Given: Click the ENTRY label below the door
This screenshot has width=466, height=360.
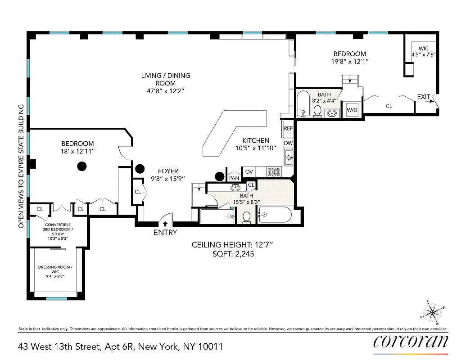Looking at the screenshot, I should tap(165, 233).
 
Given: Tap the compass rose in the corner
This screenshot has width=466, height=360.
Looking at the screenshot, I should tap(432, 312).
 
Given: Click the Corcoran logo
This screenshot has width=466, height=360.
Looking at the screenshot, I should tap(411, 341).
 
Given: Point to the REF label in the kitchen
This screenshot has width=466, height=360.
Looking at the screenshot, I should tap(288, 128).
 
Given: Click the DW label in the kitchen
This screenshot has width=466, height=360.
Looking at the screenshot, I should tap(288, 143).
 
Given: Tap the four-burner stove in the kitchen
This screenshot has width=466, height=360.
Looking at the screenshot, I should tap(274, 171).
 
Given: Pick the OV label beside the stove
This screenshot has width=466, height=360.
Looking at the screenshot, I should tap(249, 171).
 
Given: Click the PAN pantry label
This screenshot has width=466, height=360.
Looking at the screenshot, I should tap(234, 178).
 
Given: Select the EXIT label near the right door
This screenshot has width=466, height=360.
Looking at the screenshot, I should tap(423, 97).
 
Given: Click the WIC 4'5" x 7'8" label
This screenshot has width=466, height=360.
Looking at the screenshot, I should tap(423, 51).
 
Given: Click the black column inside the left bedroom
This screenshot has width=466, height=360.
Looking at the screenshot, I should tap(81, 166).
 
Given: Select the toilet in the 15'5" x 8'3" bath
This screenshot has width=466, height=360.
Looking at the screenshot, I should tap(247, 217).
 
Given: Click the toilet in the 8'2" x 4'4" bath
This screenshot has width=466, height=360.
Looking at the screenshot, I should tap(317, 111).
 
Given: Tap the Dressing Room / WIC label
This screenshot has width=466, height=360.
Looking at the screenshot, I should tap(55, 270).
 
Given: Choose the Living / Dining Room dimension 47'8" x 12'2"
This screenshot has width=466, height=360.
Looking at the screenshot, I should tap(165, 91).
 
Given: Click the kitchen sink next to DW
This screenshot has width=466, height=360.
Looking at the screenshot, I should tap(288, 157).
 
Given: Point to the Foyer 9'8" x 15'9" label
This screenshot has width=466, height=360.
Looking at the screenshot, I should tap(167, 175).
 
